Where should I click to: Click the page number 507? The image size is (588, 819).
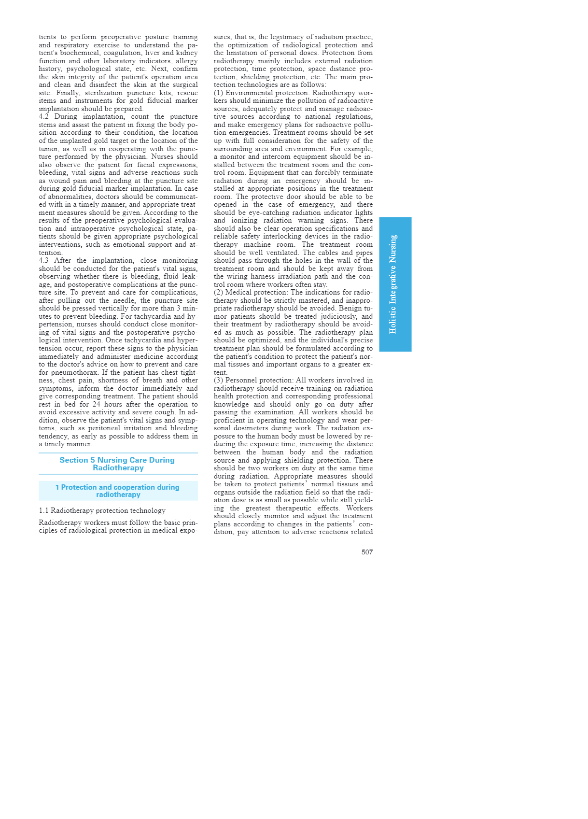pos(367,552)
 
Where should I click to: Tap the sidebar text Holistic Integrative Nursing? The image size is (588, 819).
pos(393,284)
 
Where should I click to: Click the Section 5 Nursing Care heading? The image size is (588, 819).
pos(117,464)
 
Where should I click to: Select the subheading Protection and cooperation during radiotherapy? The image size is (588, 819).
pos(118,491)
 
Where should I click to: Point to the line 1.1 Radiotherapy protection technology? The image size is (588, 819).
pos(102,510)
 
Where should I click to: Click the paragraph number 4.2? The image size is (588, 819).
pos(43,117)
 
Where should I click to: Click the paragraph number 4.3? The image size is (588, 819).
pos(43,261)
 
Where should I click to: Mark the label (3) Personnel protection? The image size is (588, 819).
pos(254,380)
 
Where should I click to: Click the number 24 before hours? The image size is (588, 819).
pos(97,404)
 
